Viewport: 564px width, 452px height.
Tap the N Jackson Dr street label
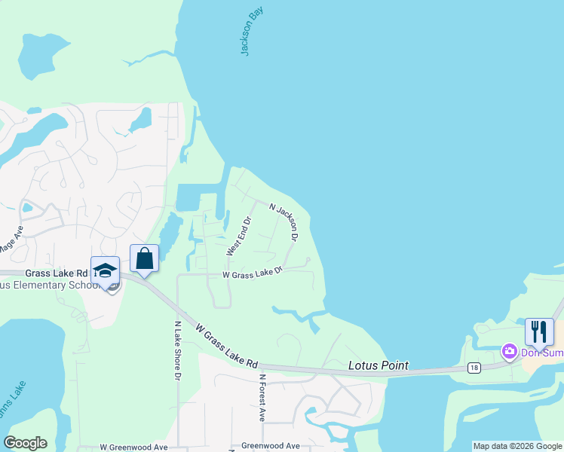pyautogui.click(x=284, y=222)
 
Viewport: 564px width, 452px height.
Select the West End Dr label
pyautogui.click(x=238, y=236)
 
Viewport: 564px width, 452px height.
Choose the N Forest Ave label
pyautogui.click(x=262, y=397)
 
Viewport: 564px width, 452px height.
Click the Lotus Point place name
pyautogui.click(x=379, y=366)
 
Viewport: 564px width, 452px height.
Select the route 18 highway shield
pyautogui.click(x=473, y=367)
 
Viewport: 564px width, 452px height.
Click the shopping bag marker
pyautogui.click(x=144, y=258)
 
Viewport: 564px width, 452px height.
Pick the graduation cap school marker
pyautogui.click(x=105, y=270)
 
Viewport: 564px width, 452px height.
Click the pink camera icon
pyautogui.click(x=509, y=351)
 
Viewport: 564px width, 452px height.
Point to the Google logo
pyautogui.click(x=25, y=443)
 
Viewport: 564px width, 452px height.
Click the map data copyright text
pyautogui.click(x=517, y=446)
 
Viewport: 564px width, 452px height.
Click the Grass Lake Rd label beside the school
pyautogui.click(x=55, y=273)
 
